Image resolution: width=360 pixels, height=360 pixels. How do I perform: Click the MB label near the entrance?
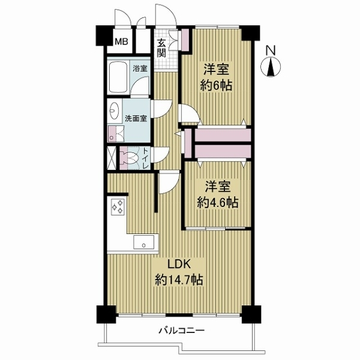(121, 42)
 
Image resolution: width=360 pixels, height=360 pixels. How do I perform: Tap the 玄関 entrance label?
(162, 47)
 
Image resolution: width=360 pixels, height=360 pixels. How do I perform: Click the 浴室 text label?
(140, 69)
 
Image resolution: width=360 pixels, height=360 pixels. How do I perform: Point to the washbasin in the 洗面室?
(114, 112)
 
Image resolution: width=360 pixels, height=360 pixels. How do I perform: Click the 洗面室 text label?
(136, 118)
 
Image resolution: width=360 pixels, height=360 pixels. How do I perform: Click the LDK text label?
(178, 265)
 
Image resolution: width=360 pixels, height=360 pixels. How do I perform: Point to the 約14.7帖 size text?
(178, 280)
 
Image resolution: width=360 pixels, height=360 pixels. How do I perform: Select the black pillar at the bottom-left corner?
(106, 314)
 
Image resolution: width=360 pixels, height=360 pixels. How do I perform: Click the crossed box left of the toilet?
(112, 157)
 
